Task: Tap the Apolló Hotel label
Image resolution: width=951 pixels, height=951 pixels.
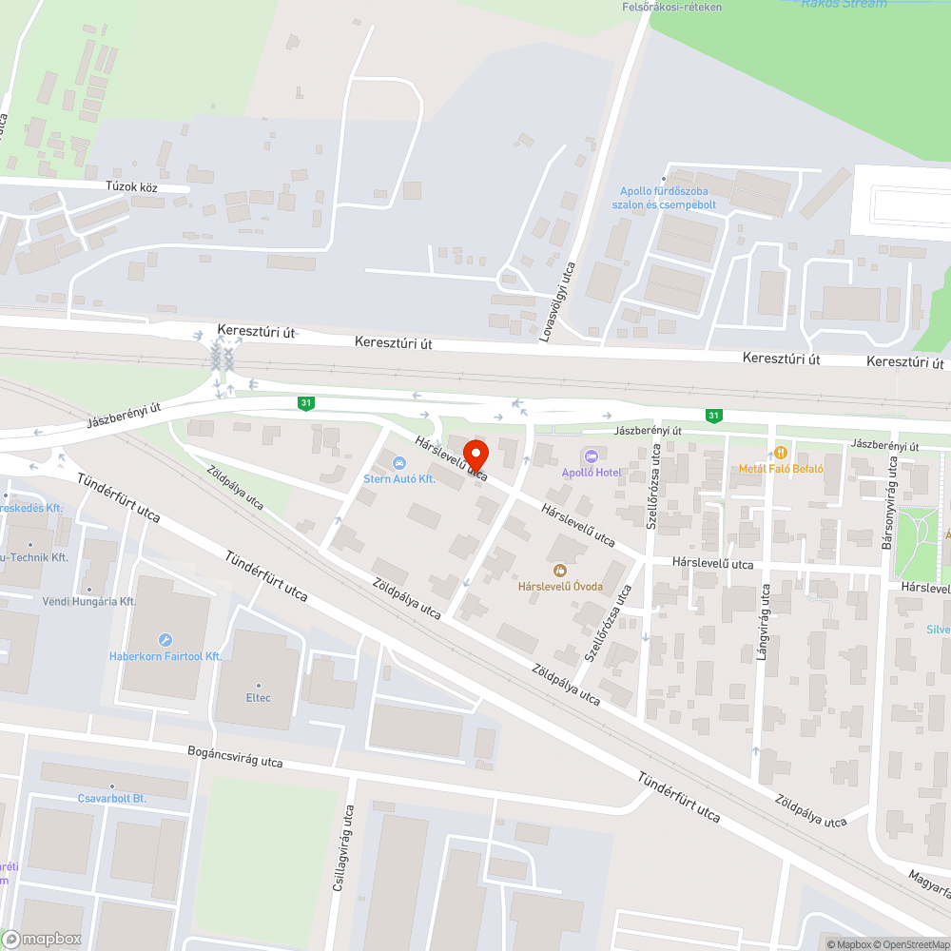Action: (592, 473)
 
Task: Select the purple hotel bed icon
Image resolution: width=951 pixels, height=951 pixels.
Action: (592, 457)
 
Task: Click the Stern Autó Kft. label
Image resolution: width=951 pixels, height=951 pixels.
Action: (399, 479)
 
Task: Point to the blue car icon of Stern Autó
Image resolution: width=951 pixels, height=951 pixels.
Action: (399, 463)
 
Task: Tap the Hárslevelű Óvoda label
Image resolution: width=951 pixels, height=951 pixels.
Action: (560, 586)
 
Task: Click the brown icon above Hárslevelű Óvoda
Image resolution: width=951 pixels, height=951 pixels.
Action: (560, 570)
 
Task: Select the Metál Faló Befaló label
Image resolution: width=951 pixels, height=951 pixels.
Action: (781, 469)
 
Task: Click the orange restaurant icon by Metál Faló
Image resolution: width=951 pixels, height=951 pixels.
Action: (781, 453)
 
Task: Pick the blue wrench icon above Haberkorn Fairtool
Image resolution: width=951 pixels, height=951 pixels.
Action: (165, 640)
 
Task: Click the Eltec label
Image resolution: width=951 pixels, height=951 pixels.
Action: (258, 697)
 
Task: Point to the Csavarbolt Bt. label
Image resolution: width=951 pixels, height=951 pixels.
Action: (112, 799)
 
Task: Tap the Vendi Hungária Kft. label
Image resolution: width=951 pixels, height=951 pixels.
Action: (89, 602)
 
